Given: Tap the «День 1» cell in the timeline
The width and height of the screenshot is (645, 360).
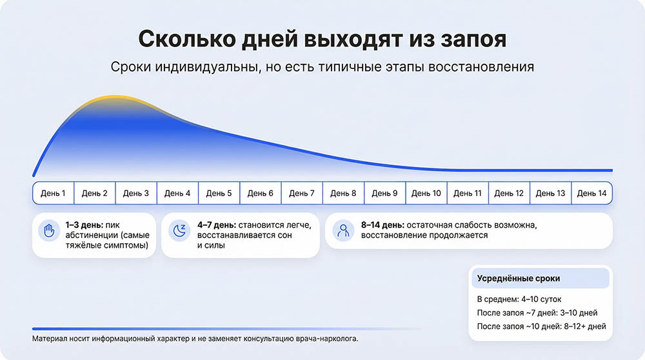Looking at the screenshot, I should pos(53,193).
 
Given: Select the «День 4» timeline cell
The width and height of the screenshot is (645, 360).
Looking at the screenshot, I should pos(177,193).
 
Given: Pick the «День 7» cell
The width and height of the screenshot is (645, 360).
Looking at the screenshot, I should pos(302,193).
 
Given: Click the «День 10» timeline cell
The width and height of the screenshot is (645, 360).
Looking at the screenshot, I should pos(426,193).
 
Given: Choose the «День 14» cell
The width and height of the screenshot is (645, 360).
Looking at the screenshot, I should pos(591,193).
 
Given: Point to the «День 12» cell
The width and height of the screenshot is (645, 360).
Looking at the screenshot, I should pos(509,193).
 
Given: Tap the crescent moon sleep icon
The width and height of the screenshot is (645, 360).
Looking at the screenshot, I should pos(179,230).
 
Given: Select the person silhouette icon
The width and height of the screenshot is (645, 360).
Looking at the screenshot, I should pos(343,230).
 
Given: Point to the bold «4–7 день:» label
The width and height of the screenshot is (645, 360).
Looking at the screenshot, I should pos(217,225).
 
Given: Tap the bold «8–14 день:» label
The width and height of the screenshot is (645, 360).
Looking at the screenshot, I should pos(382,225).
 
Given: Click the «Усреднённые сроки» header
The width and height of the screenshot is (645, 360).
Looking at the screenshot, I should pos(519,279).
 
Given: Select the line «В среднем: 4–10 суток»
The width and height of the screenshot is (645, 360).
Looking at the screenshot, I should pos(520,299).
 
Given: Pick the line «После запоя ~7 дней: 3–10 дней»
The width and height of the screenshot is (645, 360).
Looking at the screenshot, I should pos(537,313).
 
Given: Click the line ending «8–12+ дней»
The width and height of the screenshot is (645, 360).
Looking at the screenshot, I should pos(541,326).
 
